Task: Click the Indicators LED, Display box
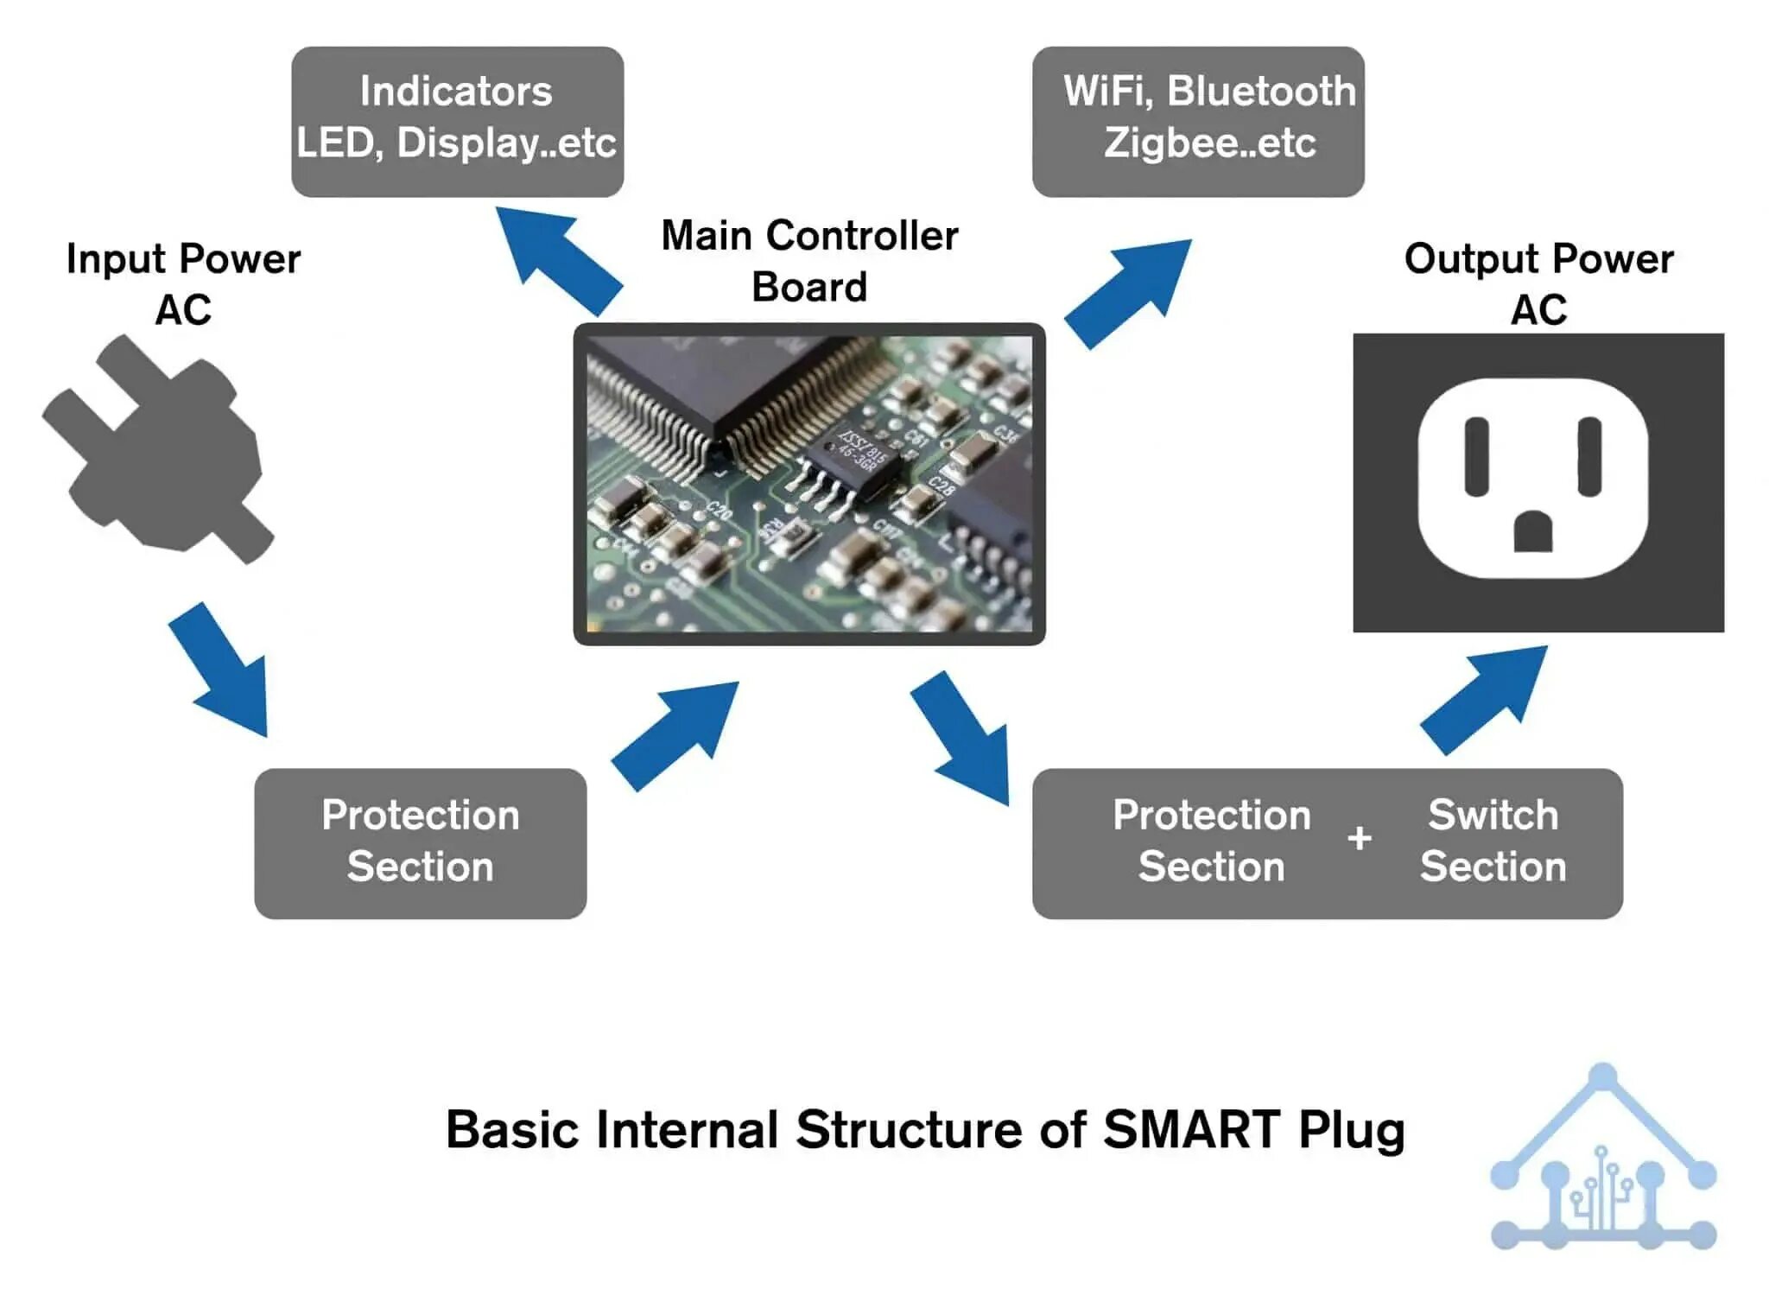[457, 121]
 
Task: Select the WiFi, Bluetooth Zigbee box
[1198, 121]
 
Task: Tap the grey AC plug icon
[158, 449]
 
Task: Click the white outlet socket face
[1532, 478]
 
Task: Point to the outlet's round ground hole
[1533, 530]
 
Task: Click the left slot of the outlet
[1476, 456]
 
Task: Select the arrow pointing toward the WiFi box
[1128, 294]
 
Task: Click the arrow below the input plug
[219, 670]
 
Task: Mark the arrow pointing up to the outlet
[1484, 700]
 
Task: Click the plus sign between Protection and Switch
[1360, 837]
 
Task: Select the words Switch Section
[1493, 841]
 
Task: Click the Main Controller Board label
[809, 261]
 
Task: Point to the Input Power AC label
[183, 284]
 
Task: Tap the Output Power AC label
[1538, 284]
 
